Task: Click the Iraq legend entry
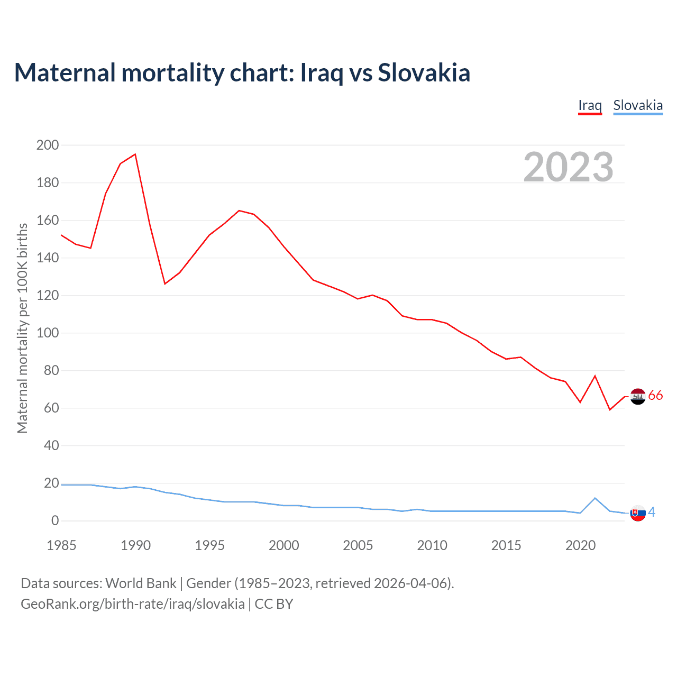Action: pyautogui.click(x=590, y=105)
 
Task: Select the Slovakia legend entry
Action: pyautogui.click(x=638, y=105)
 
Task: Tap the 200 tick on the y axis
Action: pyautogui.click(x=48, y=145)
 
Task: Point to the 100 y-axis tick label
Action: pyautogui.click(x=48, y=333)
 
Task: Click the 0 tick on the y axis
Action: pyautogui.click(x=55, y=521)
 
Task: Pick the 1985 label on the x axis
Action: pyautogui.click(x=61, y=545)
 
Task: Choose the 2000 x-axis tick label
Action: pyautogui.click(x=284, y=545)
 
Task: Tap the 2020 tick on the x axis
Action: pyautogui.click(x=580, y=545)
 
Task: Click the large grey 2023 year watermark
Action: pyautogui.click(x=568, y=167)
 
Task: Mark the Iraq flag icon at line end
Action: pyautogui.click(x=638, y=396)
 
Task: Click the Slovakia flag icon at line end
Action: pyautogui.click(x=638, y=513)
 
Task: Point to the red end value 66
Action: pyautogui.click(x=655, y=396)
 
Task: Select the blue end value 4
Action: pyautogui.click(x=652, y=512)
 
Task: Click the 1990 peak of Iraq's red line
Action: pyautogui.click(x=135, y=154)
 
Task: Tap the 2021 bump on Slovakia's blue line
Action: pyautogui.click(x=595, y=498)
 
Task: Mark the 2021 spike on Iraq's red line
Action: pyautogui.click(x=595, y=376)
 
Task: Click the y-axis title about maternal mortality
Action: pyautogui.click(x=22, y=328)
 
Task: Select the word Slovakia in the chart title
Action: pyautogui.click(x=424, y=72)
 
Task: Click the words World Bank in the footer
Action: pyautogui.click(x=141, y=583)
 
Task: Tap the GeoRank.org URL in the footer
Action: pyautogui.click(x=133, y=604)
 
